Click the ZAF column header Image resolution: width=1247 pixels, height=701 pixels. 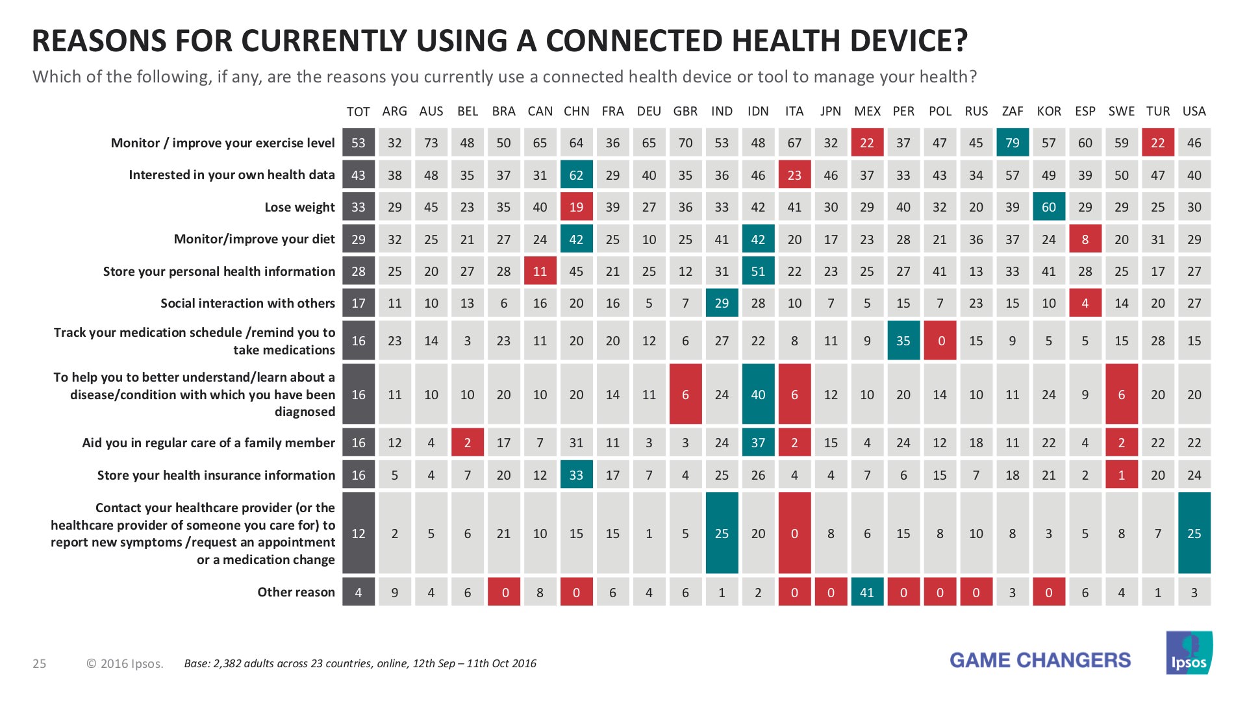click(1012, 111)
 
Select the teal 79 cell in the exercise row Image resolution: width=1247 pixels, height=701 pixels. click(1012, 143)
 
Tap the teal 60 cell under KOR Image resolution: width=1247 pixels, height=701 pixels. click(1048, 207)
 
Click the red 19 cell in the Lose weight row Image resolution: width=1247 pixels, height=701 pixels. click(576, 207)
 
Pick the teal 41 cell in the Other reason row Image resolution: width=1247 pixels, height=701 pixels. click(866, 592)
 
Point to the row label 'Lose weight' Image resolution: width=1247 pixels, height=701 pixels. click(299, 207)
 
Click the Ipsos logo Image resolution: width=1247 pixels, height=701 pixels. click(1189, 654)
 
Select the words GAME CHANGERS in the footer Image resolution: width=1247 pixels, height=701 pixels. click(1040, 660)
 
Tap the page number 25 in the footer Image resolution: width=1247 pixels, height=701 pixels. click(40, 663)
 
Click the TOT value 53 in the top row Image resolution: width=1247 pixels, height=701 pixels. click(359, 143)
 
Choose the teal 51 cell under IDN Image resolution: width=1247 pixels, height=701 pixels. click(758, 271)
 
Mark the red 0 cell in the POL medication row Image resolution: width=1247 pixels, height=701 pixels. click(940, 341)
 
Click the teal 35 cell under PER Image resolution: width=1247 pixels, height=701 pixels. click(903, 341)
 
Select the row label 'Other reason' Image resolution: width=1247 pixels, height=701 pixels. click(296, 592)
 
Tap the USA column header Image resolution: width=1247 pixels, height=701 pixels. click(1194, 111)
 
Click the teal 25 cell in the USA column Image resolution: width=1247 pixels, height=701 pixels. click(1194, 533)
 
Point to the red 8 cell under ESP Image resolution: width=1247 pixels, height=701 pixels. click(1085, 240)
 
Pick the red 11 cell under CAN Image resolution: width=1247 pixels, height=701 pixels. click(540, 271)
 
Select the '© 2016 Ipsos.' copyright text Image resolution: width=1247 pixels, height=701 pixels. click(125, 663)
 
